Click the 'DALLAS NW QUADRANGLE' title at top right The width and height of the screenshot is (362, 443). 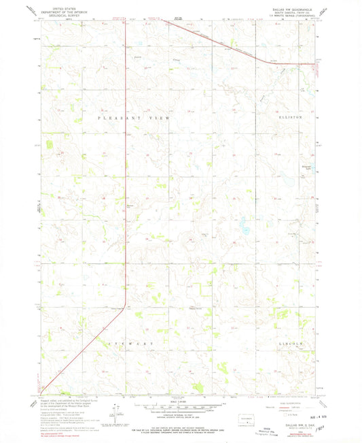pyautogui.click(x=294, y=7)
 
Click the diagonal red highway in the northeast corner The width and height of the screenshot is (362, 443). pyautogui.click(x=217, y=41)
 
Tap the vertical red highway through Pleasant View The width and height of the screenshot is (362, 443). pyautogui.click(x=126, y=170)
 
